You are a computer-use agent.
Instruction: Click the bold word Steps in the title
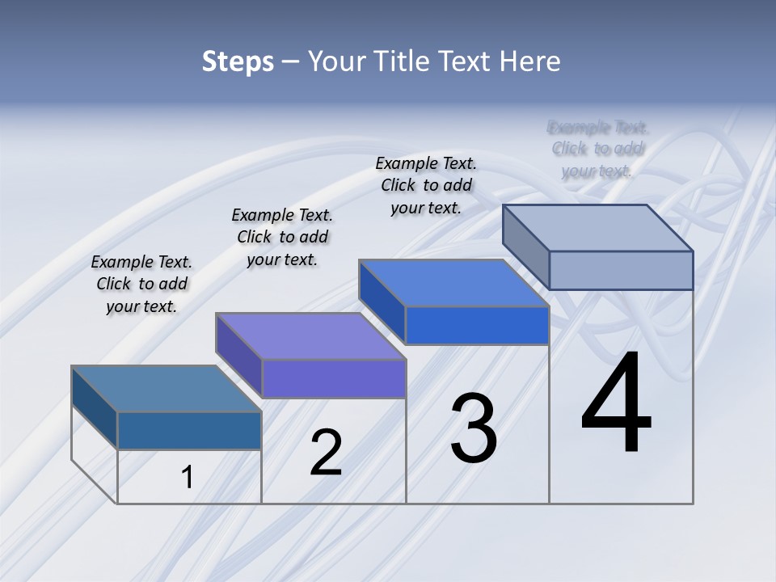(238, 61)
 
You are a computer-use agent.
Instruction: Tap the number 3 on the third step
(474, 428)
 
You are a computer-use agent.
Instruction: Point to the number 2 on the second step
(327, 453)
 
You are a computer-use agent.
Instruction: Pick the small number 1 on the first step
(187, 478)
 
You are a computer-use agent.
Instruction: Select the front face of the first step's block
(189, 431)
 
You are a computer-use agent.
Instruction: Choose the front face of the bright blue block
(477, 326)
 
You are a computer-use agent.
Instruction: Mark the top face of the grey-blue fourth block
(598, 227)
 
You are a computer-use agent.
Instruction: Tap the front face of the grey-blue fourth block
(621, 270)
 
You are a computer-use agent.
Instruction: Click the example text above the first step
(141, 284)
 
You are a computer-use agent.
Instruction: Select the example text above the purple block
(282, 237)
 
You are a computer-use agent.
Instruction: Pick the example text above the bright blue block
(426, 185)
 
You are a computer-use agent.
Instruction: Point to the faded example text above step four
(597, 149)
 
